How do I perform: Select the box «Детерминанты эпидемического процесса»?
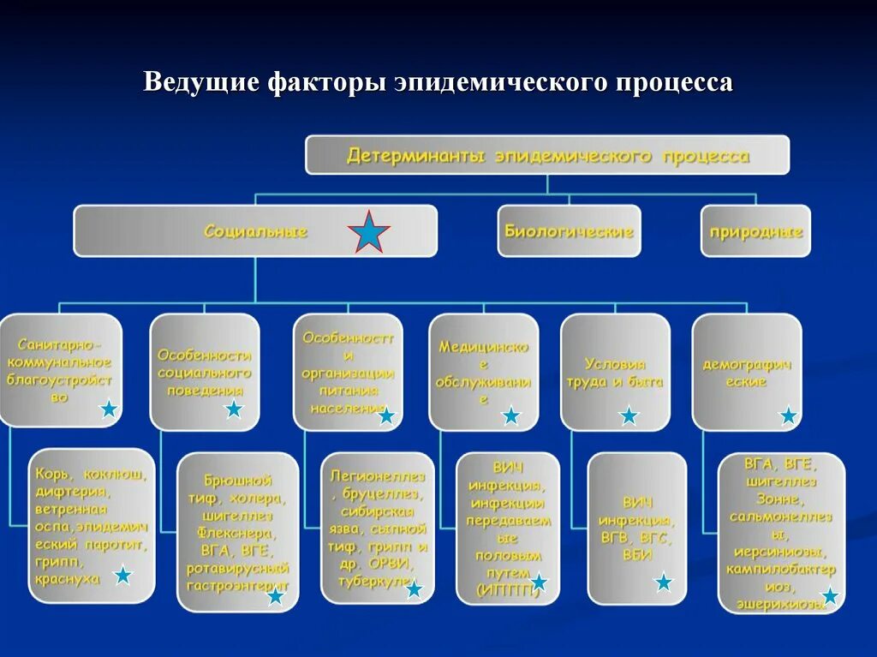(x=547, y=155)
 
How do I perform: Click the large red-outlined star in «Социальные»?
(x=369, y=232)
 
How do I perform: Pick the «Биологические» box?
(x=569, y=231)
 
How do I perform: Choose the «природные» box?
(x=755, y=231)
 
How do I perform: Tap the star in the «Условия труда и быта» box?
(x=629, y=416)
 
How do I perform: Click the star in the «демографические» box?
(x=788, y=416)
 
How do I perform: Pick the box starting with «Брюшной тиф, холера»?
(x=238, y=531)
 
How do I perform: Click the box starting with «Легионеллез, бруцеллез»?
(x=378, y=527)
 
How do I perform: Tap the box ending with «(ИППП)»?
(x=507, y=527)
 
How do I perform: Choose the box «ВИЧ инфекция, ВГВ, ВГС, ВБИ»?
(x=636, y=527)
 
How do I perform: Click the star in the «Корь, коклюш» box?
(x=123, y=576)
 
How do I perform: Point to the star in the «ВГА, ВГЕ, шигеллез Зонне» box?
(x=830, y=596)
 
